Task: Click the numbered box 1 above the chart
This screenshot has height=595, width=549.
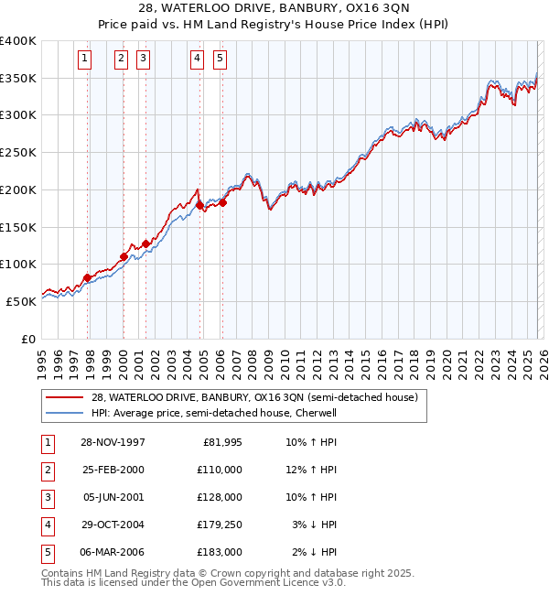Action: (84, 59)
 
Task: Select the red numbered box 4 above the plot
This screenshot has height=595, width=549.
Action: (197, 59)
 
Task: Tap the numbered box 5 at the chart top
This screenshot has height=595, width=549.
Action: (221, 59)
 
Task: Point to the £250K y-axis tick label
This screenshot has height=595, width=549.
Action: (18, 152)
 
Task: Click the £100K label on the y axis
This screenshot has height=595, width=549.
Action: (18, 264)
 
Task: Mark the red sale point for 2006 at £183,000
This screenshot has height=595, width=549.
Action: (222, 202)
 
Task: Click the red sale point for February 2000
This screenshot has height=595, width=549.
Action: (124, 256)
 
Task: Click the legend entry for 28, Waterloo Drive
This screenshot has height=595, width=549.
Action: (254, 397)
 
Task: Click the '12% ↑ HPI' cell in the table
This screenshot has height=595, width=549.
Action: (311, 469)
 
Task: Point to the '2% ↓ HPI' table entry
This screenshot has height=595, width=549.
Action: (314, 551)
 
